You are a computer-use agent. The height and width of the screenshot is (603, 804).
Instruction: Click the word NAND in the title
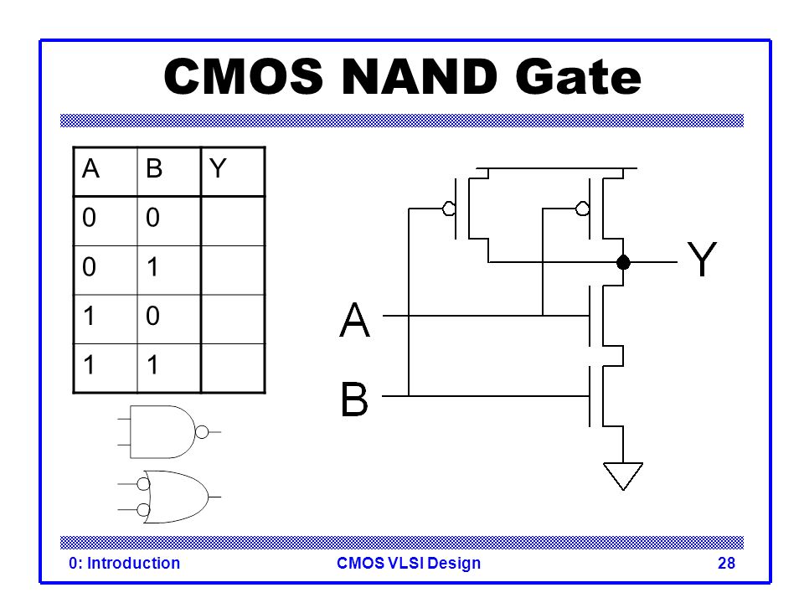[419, 76]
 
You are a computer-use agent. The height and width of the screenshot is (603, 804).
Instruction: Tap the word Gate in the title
[578, 76]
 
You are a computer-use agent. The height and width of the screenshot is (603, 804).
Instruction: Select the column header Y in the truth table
[218, 168]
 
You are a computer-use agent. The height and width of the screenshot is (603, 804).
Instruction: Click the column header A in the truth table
[90, 168]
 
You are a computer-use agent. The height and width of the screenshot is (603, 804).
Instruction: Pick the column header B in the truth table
[154, 168]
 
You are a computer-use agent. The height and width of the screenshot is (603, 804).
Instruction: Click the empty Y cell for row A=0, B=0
[233, 221]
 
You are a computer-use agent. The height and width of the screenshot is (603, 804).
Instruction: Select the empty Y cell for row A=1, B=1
[233, 368]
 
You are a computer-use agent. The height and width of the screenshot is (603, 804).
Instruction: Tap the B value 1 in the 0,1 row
[152, 266]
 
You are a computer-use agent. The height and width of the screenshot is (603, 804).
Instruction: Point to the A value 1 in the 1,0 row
[89, 316]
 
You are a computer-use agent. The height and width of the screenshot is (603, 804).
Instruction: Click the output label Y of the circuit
[702, 259]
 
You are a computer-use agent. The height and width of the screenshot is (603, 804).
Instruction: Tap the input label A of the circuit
[354, 319]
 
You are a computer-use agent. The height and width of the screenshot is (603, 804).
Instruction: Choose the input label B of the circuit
[354, 399]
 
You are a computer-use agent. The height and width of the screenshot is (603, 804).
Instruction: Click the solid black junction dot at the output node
[623, 262]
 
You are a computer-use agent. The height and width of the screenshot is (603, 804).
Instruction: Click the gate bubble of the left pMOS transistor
[449, 209]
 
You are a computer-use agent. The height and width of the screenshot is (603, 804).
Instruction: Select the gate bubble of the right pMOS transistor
[583, 209]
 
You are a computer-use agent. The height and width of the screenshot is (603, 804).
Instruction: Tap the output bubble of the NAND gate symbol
[202, 432]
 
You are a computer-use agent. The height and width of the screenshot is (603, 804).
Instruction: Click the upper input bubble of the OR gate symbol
[143, 483]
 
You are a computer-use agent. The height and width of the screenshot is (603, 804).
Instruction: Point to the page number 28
[726, 563]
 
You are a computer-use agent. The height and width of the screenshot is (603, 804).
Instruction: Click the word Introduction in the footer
[133, 563]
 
